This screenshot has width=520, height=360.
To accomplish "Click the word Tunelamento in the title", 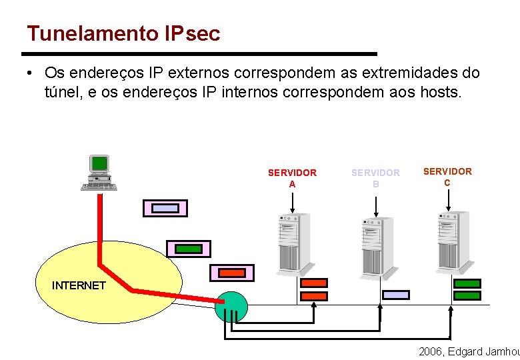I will point(93,33).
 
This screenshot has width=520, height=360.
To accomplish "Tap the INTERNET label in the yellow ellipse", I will point(79,285).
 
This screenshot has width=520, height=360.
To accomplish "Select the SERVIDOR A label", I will point(292,178).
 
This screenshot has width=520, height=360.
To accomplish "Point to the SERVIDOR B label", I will point(375,178).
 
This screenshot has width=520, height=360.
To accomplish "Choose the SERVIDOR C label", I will point(447,177).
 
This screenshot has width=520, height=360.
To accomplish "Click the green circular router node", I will point(232,307).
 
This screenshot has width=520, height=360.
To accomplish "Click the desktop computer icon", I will point(99,173).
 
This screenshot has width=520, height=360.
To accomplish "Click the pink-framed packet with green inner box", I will point(188,249).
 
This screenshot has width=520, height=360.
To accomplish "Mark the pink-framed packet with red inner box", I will point(232,273).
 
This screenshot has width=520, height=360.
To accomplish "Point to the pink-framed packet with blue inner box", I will point(165,209).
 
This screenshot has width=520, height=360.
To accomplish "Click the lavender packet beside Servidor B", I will point(396,295).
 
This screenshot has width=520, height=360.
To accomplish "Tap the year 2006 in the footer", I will point(431,351).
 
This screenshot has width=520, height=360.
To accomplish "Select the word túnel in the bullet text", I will point(61,92).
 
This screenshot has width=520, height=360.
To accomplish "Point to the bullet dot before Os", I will point(31,72).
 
